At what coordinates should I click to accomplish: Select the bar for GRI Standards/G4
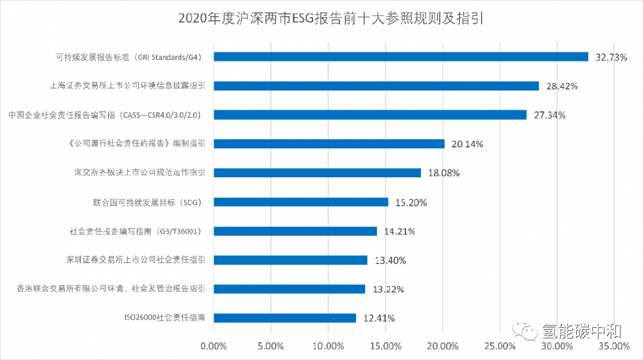401,57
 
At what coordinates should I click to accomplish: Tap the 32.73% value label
611,58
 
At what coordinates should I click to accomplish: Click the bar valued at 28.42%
376,86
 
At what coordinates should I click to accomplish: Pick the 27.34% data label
550,115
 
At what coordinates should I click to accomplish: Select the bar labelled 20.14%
329,143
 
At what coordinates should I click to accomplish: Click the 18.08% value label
444,173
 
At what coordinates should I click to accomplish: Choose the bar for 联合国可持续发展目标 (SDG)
301,202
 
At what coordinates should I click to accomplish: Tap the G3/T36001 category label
138,231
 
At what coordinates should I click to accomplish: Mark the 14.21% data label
399,231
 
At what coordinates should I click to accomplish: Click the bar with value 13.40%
291,260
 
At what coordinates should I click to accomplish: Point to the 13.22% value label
388,290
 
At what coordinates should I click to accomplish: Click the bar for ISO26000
285,318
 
